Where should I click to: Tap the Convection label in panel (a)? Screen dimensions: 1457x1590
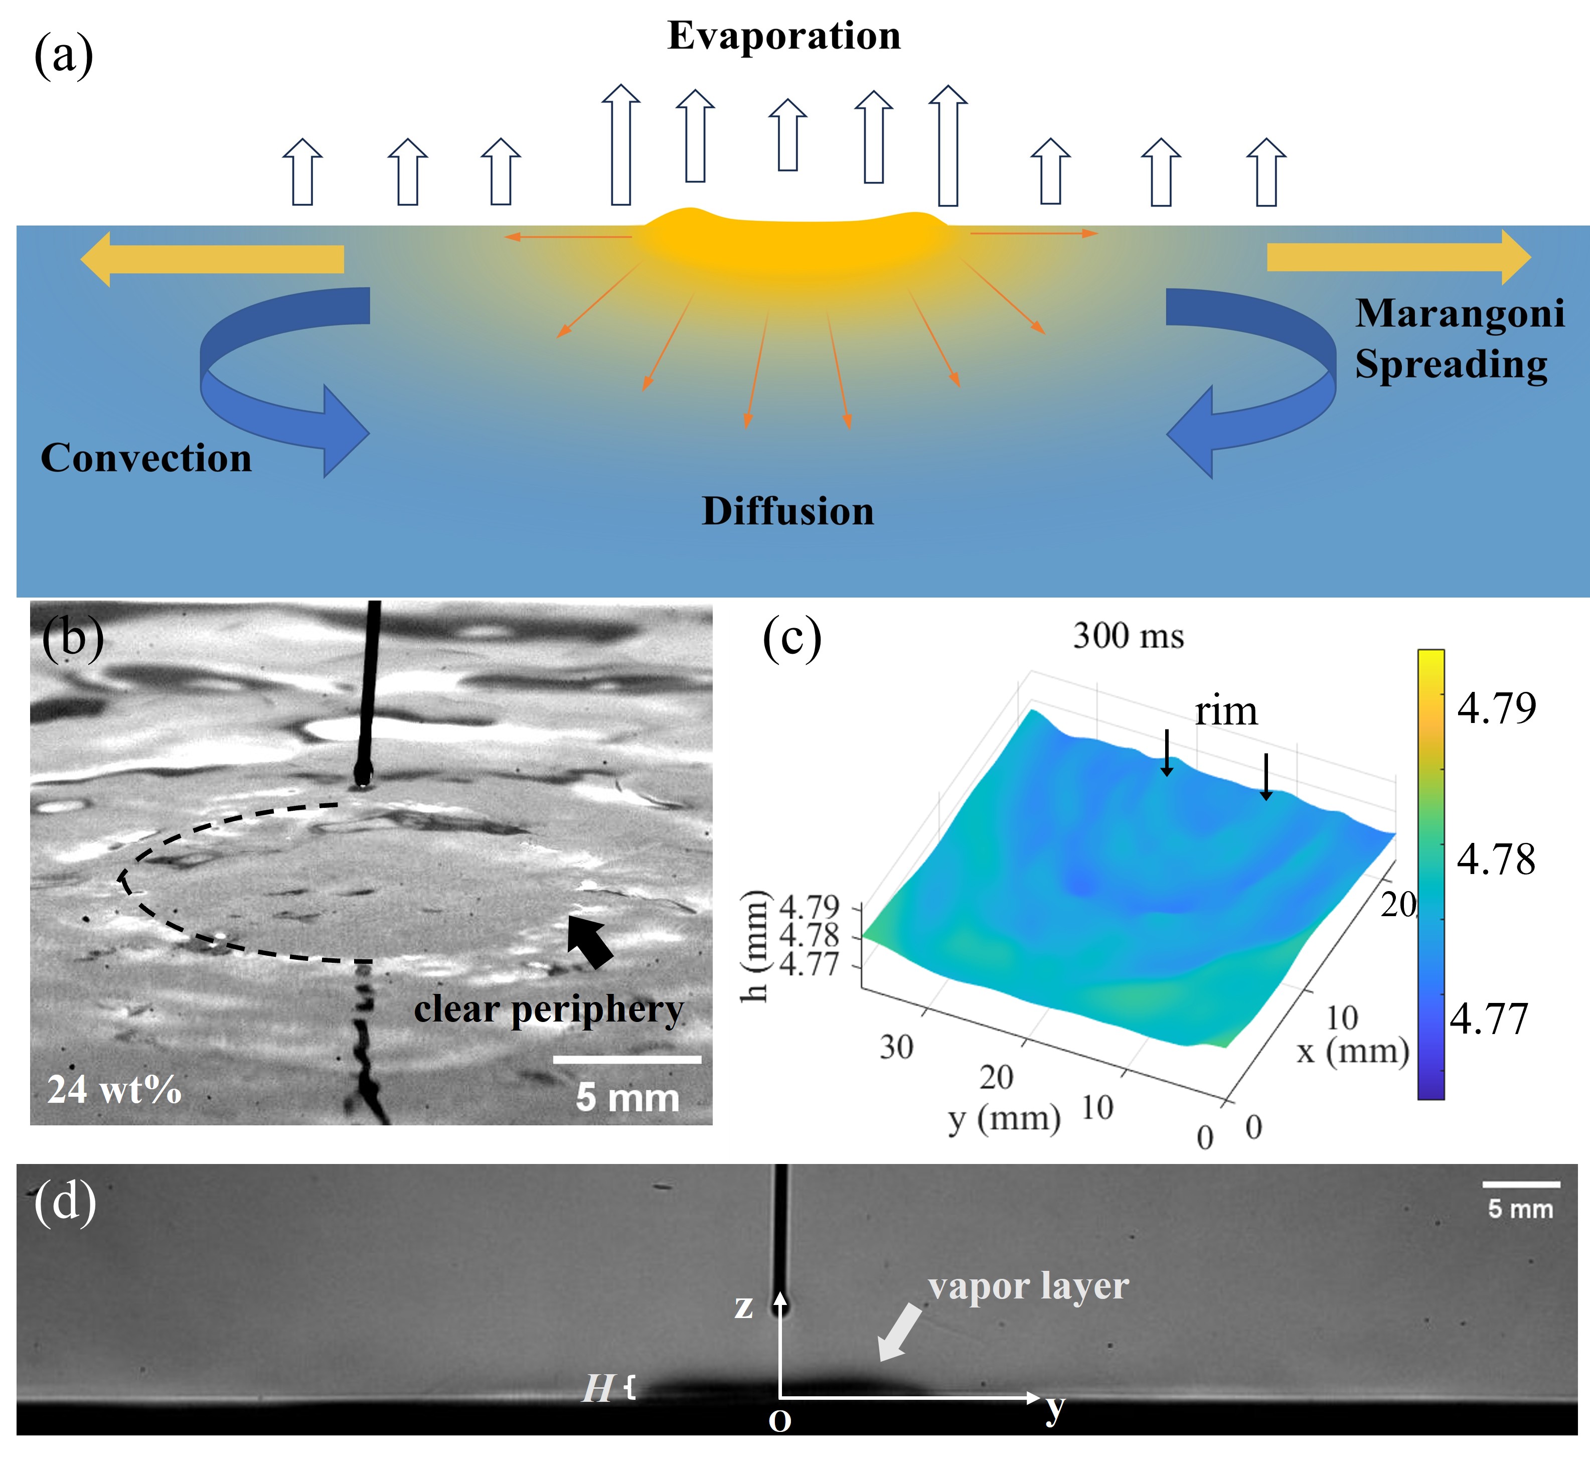(146, 458)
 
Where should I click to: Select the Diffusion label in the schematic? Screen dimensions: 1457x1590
(788, 511)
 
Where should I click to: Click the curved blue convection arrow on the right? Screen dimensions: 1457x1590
(1254, 371)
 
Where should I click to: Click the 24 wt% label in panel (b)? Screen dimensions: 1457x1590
(114, 1090)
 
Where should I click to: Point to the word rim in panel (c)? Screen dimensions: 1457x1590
(1226, 711)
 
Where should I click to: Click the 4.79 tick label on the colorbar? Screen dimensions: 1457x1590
(1496, 707)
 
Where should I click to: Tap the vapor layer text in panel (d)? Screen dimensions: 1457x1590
(1028, 1286)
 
